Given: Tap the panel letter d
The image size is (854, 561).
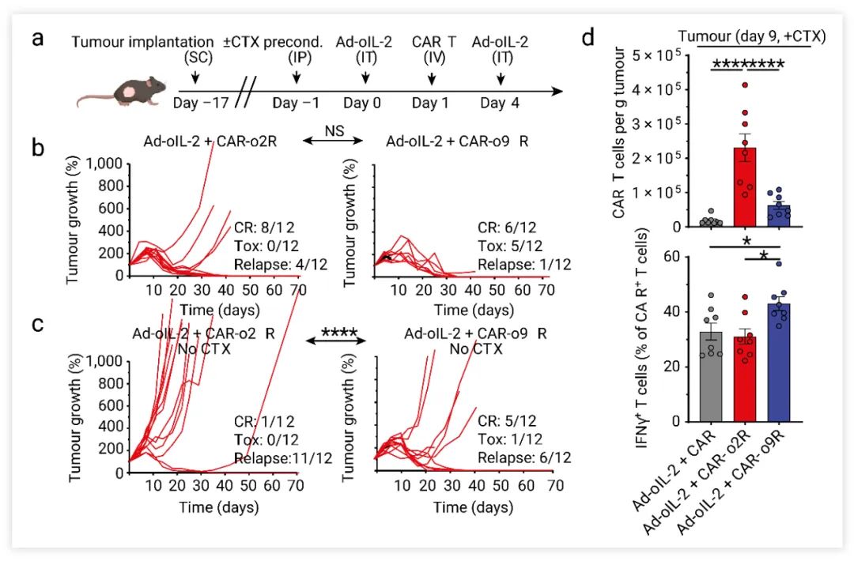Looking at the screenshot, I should pos(589,38).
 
